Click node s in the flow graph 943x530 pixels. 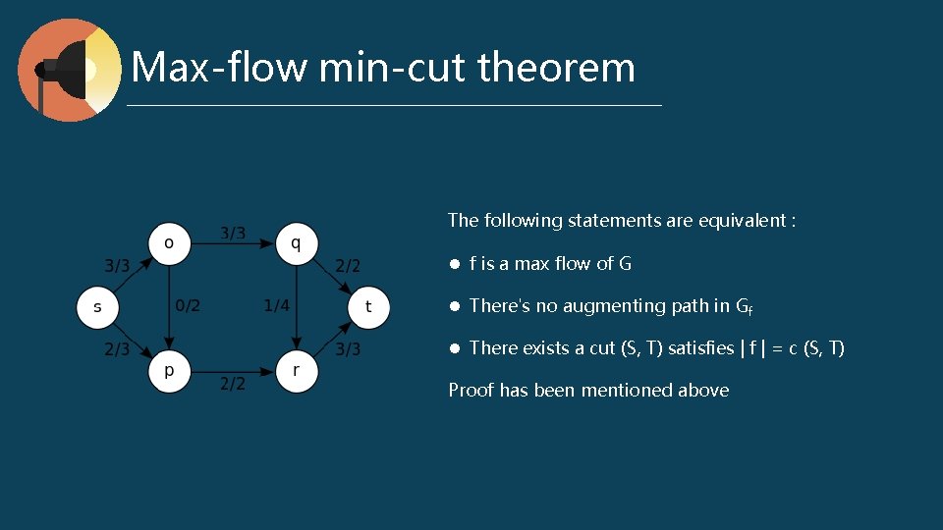point(97,307)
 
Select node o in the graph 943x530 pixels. point(169,242)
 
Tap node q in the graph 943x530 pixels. point(297,242)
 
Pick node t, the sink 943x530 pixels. point(368,307)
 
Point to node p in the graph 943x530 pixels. point(169,372)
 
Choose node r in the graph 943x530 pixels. point(297,372)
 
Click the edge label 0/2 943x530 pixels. point(188,306)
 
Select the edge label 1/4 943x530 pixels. point(277,306)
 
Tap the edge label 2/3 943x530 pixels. point(117,349)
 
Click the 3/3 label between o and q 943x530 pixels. point(233,234)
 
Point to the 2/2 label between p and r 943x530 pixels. point(233,384)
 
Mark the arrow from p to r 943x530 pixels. point(233,372)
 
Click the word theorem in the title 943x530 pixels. point(557,67)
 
